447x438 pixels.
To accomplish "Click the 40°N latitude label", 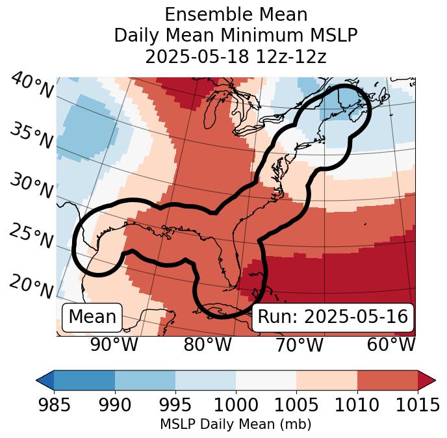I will pyautogui.click(x=32, y=86).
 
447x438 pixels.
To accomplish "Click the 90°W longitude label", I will pyautogui.click(x=114, y=345).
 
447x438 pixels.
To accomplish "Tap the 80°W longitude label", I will pyautogui.click(x=207, y=345).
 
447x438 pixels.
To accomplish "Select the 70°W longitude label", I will pyautogui.click(x=299, y=345).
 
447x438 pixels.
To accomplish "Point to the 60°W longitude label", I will pyautogui.click(x=391, y=345).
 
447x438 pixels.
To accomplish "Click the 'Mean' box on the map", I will pyautogui.click(x=92, y=317).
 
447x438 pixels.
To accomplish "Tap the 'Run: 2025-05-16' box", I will pyautogui.click(x=333, y=317).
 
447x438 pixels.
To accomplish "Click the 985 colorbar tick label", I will pyautogui.click(x=54, y=406).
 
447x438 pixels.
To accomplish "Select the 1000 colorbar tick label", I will pyautogui.click(x=236, y=406).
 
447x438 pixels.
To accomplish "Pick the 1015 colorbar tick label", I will pyautogui.click(x=417, y=406).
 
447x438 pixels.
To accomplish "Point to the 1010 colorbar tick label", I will pyautogui.click(x=357, y=406).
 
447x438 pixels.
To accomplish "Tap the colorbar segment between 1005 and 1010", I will pyautogui.click(x=326, y=380).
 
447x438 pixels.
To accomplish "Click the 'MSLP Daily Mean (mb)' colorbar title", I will pyautogui.click(x=235, y=425).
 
